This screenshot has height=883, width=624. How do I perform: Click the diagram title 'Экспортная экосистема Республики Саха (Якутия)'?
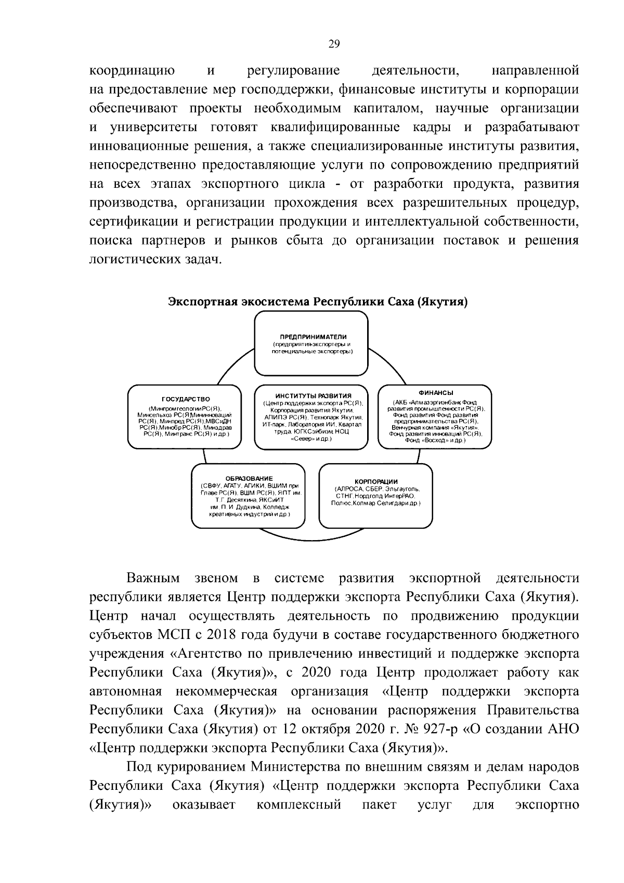point(317,302)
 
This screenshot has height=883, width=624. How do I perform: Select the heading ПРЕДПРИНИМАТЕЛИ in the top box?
point(310,337)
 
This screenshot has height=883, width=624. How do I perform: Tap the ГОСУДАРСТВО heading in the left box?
point(185,399)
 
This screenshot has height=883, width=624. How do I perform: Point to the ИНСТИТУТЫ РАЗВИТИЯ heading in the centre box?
point(313,396)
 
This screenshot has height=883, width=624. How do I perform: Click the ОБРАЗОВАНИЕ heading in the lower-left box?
point(249,478)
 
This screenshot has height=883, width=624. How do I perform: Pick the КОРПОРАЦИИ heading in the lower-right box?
point(376,482)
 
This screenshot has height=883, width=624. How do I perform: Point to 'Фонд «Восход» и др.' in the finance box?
point(435,440)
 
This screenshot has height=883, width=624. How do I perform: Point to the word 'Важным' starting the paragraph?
point(153,578)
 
